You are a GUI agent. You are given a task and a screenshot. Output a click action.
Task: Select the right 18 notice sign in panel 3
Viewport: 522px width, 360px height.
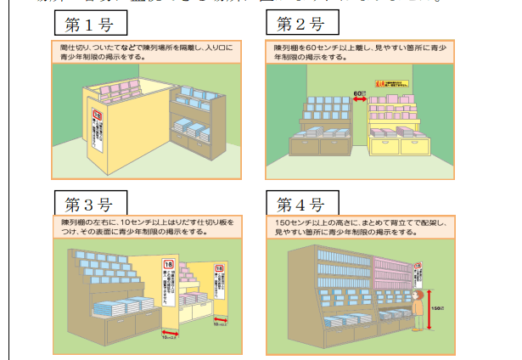(x=219, y=283)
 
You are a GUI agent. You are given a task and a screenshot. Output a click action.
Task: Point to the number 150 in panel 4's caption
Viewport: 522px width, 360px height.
(x=282, y=222)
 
